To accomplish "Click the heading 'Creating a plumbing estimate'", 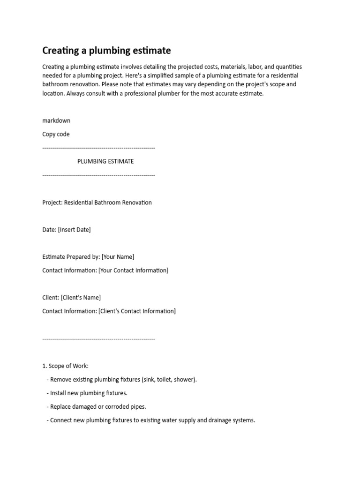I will tap(106, 50).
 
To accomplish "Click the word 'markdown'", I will tap(56, 120).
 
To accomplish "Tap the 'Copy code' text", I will tap(56, 134).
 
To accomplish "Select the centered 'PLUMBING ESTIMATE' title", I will tap(105, 161).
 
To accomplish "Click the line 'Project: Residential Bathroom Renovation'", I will tap(97, 202).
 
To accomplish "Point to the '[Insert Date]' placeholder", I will tap(74, 230).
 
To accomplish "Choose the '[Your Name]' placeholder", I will tap(118, 257).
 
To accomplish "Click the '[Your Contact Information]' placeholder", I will tap(133, 270).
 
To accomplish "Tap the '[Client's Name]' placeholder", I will tap(81, 298).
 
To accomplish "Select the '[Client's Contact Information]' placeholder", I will tap(137, 311).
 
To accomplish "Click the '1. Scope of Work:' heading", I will tap(65, 366).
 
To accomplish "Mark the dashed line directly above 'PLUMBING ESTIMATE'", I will tap(98, 148).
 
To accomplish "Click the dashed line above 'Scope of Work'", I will tap(98, 338).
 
